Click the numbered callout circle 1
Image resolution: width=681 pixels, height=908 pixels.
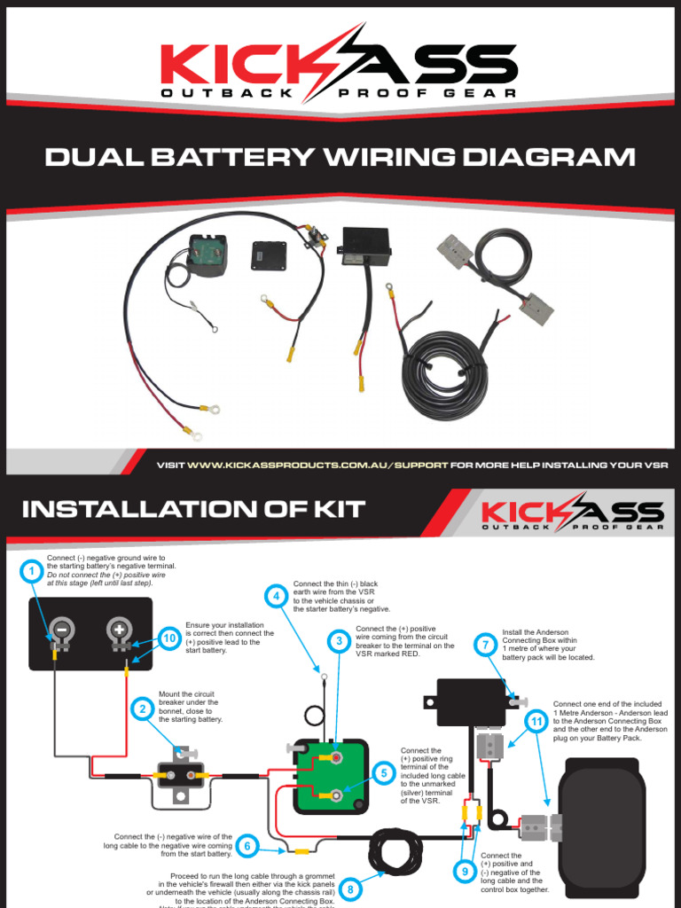click(31, 571)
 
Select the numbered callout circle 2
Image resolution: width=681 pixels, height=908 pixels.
click(142, 708)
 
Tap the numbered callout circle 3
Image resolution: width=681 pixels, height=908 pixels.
click(338, 640)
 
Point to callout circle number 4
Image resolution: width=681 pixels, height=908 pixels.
click(278, 596)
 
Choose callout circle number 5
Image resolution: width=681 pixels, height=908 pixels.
click(383, 773)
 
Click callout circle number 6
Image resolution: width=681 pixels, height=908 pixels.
click(249, 846)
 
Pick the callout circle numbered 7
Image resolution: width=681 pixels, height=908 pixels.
click(484, 646)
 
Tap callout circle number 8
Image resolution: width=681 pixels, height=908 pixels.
click(350, 888)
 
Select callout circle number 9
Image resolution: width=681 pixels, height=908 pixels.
click(465, 873)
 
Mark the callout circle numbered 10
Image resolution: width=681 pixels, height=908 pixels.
click(169, 638)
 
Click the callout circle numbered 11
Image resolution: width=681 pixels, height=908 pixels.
click(536, 722)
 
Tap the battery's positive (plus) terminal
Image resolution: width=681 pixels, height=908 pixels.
click(118, 631)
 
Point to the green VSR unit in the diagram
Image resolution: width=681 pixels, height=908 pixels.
click(331, 775)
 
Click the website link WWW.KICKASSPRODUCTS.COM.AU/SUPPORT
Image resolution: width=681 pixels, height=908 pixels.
click(317, 465)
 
